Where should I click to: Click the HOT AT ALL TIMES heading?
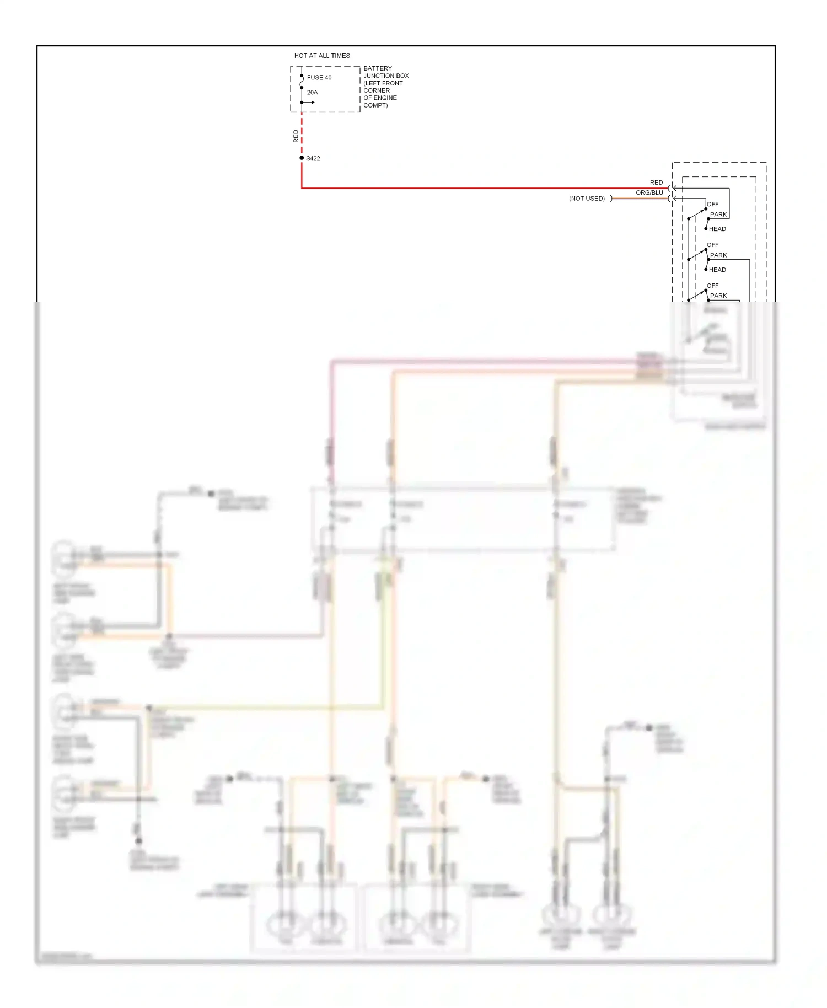tap(322, 56)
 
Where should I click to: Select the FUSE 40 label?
tap(319, 78)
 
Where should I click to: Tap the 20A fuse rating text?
tap(312, 93)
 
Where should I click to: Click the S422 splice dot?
tap(302, 158)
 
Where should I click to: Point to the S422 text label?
tap(313, 159)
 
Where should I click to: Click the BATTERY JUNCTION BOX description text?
tap(385, 87)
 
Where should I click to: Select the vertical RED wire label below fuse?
tap(296, 136)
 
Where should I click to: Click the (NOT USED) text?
tap(587, 199)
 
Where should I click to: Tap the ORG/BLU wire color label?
tap(649, 193)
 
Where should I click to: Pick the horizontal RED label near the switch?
tap(656, 183)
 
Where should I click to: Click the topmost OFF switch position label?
tap(713, 204)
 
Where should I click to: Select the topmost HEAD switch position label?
tap(717, 229)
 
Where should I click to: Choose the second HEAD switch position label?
tap(717, 270)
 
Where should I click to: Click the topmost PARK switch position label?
tap(718, 215)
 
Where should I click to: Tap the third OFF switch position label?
tap(713, 286)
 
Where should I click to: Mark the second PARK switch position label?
tap(718, 255)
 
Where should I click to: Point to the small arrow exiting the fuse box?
tap(310, 103)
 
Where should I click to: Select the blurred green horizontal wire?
tap(265, 707)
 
